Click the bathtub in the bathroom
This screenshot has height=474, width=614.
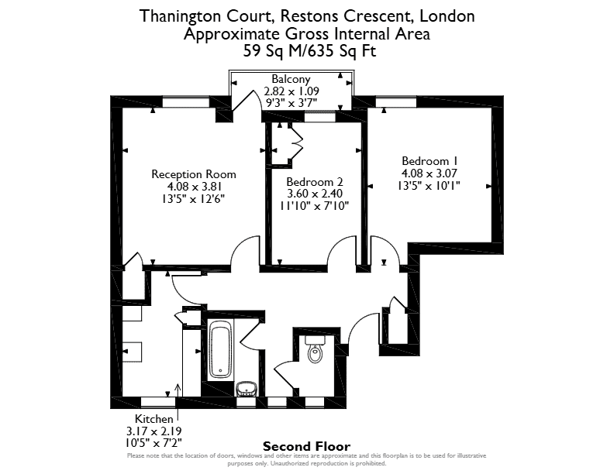click(x=221, y=349)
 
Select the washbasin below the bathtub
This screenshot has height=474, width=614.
click(x=247, y=389)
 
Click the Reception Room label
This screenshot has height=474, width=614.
click(x=194, y=174)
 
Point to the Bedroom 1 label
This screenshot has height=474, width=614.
click(x=429, y=161)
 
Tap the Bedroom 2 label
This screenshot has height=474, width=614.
click(x=315, y=182)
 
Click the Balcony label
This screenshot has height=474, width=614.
click(x=291, y=79)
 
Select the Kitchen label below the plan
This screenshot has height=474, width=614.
click(x=154, y=419)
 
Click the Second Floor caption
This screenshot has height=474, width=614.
click(x=306, y=446)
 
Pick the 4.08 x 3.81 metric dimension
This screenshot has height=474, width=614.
click(x=194, y=187)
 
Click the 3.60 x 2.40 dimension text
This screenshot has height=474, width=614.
click(x=315, y=194)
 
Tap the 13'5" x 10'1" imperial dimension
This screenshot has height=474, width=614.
click(x=429, y=185)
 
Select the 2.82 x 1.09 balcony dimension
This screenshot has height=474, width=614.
click(x=291, y=91)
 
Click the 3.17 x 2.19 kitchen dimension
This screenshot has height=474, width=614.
click(x=154, y=431)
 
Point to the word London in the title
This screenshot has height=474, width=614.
click(x=447, y=16)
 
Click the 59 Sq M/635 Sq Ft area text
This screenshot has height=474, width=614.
click(x=309, y=51)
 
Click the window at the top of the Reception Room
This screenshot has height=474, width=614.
click(x=185, y=102)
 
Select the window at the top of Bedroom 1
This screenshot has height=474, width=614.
click(x=396, y=102)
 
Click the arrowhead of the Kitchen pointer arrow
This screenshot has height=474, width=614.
click(x=178, y=386)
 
